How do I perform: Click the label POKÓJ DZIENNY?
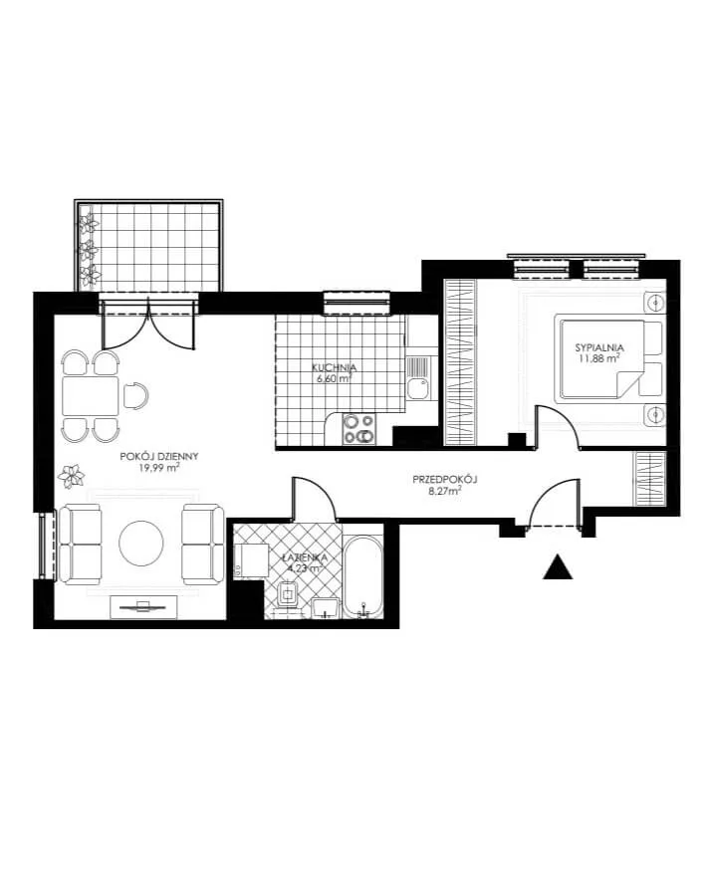[x=159, y=457]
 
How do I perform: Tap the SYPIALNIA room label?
[x=599, y=347]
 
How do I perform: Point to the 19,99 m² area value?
[x=159, y=467]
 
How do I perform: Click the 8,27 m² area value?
[x=445, y=491]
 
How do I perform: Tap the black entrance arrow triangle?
[x=558, y=566]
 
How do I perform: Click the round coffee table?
[x=141, y=543]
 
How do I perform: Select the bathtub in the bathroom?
[x=363, y=575]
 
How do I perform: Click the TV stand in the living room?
[x=143, y=606]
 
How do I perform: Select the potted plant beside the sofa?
[x=72, y=475]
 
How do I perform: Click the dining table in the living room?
[x=91, y=396]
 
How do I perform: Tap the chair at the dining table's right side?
[x=135, y=396]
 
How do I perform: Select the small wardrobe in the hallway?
[x=650, y=478]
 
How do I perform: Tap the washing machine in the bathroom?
[x=251, y=560]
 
